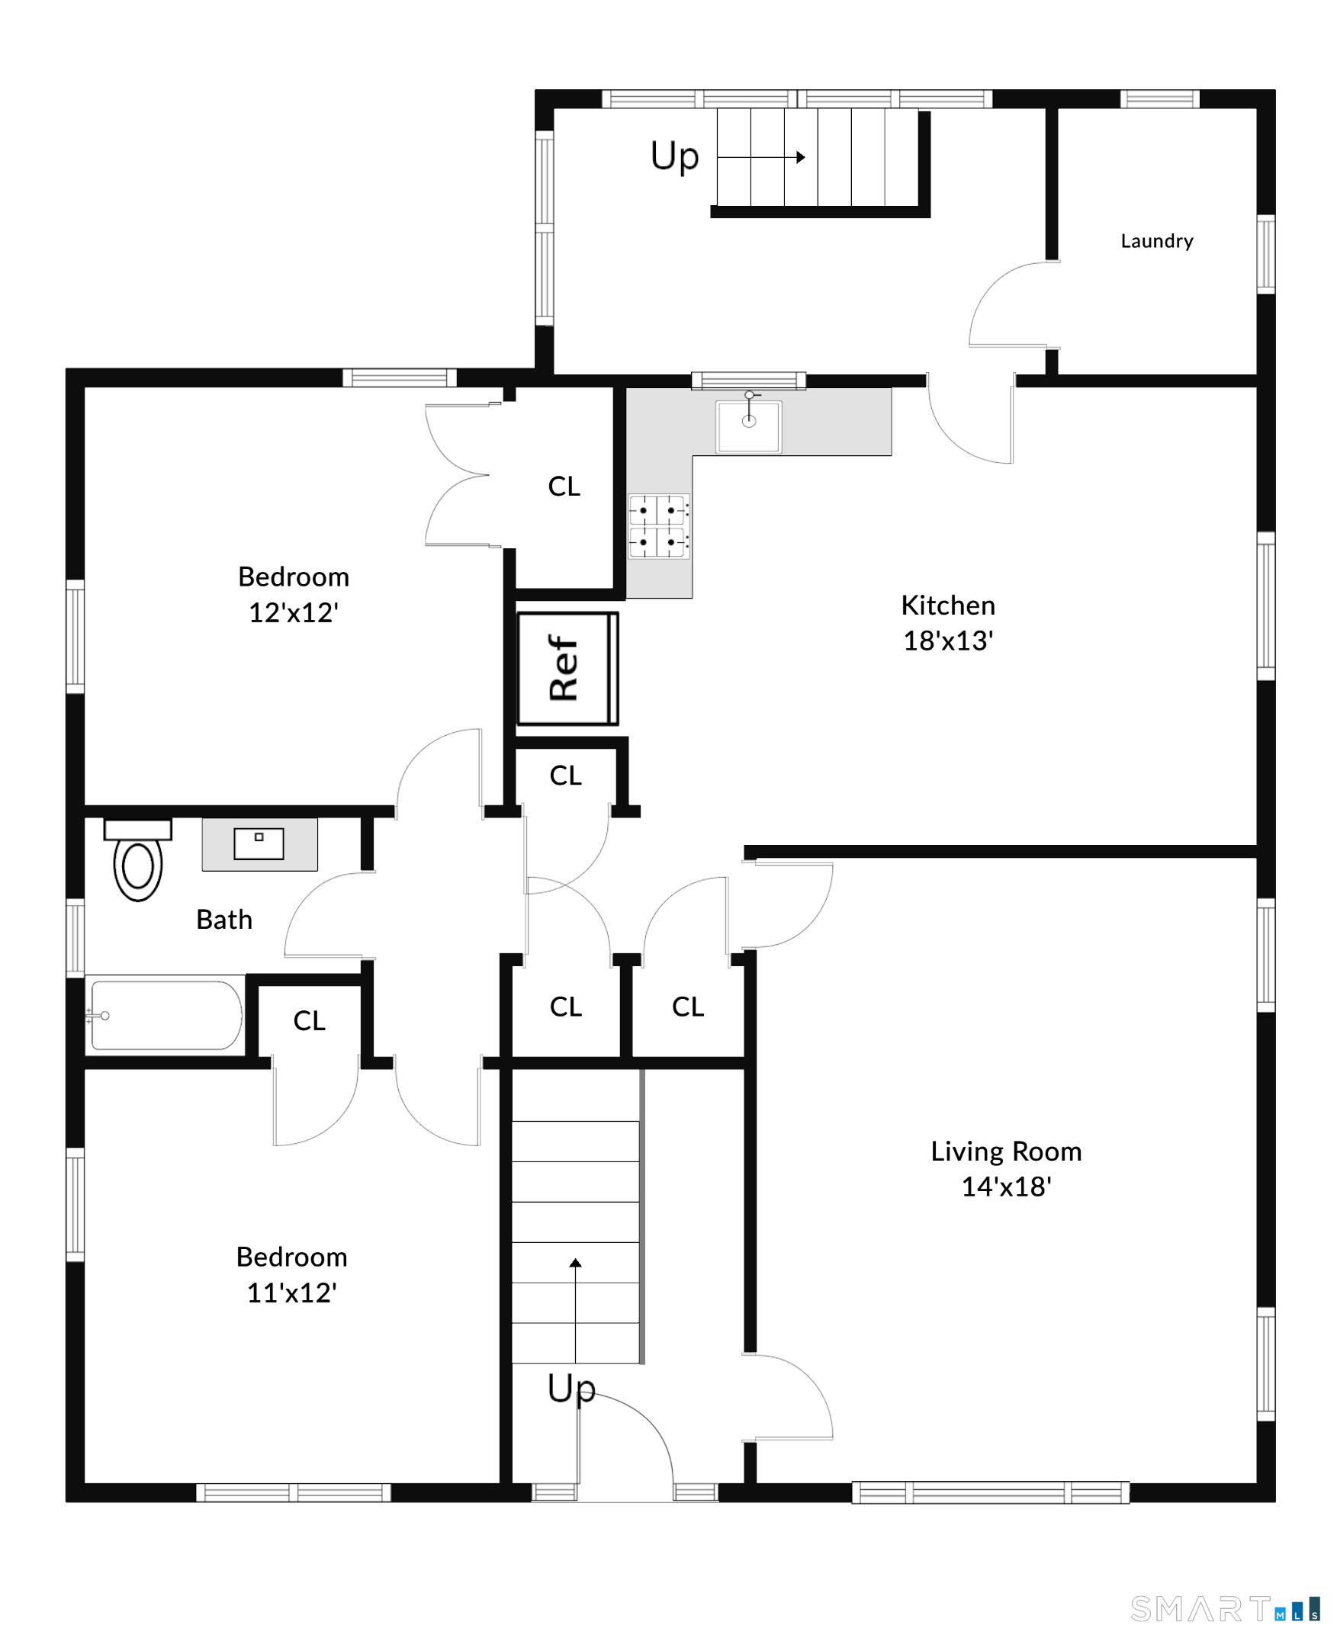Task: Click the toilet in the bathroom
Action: tap(138, 859)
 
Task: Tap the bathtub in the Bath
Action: tap(165, 1015)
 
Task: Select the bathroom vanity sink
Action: tap(259, 843)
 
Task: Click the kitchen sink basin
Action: tap(749, 426)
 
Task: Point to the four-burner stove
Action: tap(658, 526)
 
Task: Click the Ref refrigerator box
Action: tap(567, 669)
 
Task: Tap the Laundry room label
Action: tap(1157, 241)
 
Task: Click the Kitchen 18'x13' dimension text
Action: tap(948, 640)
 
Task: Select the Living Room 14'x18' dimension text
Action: tap(1006, 1186)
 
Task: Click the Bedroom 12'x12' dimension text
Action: tap(294, 612)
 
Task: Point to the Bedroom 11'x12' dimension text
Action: tap(292, 1293)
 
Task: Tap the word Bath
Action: tap(224, 920)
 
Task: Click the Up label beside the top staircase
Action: tap(675, 156)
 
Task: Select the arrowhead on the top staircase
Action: tap(801, 157)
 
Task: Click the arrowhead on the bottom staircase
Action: tap(575, 1262)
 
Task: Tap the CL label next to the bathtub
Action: tap(310, 1021)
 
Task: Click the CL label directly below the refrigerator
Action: tap(565, 776)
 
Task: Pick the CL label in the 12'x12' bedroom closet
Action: tap(564, 486)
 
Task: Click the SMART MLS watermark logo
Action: tap(1226, 1610)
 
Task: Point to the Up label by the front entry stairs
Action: tap(571, 1389)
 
